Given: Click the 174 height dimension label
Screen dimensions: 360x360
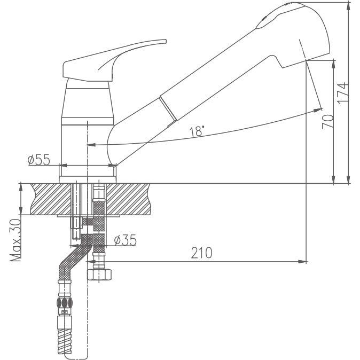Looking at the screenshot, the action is coord(343,93).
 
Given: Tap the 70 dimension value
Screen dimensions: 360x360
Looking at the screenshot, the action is coord(328,122).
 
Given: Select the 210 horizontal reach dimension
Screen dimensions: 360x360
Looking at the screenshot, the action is coord(201,253).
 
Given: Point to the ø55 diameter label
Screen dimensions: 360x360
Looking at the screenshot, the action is coord(38,160).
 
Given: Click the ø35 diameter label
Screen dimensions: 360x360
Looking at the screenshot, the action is coord(126,240).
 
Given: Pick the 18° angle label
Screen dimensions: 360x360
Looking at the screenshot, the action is coord(197,131).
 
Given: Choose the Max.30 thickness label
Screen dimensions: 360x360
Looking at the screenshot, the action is coord(15,240).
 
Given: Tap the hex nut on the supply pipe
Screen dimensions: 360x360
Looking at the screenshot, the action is coord(99,275).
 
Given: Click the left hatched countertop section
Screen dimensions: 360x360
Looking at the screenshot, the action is coord(51,199).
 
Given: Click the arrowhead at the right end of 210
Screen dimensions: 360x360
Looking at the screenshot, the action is coord(302,262).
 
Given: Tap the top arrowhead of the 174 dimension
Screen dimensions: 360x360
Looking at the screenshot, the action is coord(349,6).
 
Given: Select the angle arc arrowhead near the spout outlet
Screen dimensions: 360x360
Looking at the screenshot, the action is coord(318,110).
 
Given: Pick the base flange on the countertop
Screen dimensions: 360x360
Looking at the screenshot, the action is coord(88,179).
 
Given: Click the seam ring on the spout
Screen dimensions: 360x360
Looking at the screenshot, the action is coord(168,108).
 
